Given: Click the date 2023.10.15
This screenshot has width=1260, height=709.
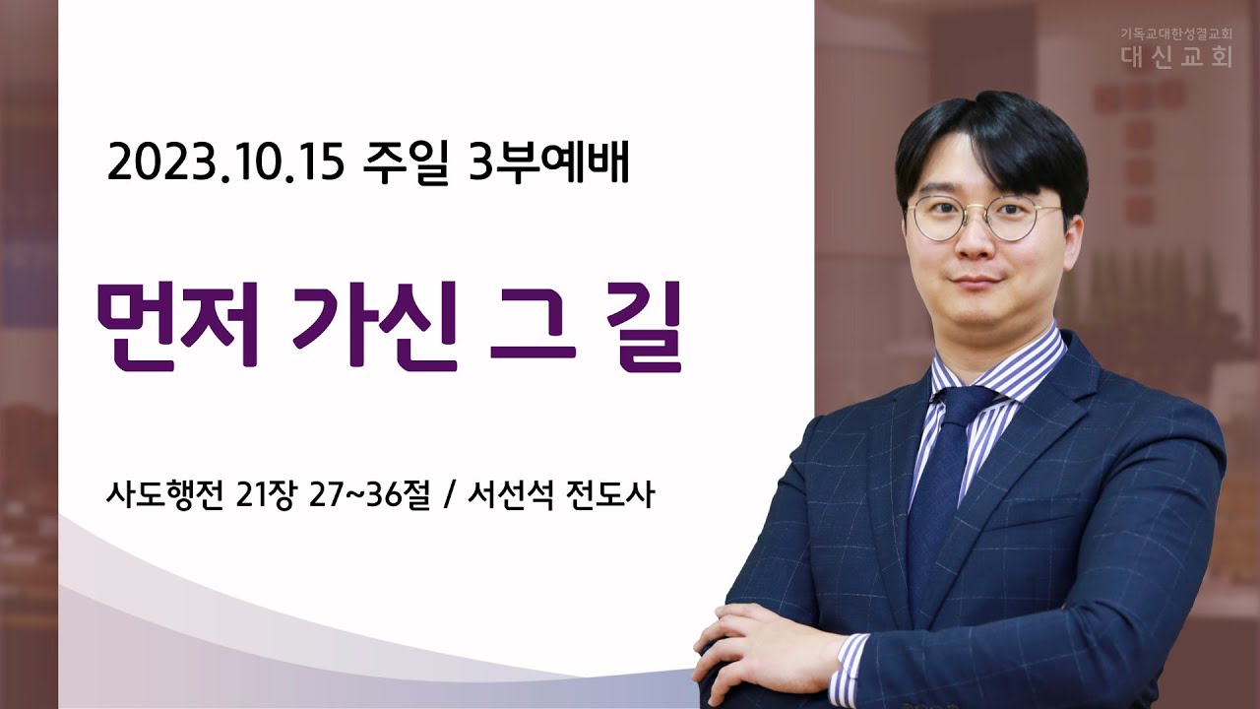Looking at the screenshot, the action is (225, 163).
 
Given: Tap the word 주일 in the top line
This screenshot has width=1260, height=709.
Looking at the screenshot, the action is (406, 163).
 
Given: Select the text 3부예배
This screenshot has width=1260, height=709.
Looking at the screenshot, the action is (548, 163).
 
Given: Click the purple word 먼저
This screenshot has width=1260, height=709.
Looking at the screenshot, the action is (178, 325).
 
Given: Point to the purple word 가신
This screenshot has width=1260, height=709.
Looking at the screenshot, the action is (375, 325).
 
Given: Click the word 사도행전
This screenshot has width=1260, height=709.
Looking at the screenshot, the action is (164, 495).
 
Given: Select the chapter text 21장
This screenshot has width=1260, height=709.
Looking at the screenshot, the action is (265, 495).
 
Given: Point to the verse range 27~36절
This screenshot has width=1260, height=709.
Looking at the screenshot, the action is (369, 495).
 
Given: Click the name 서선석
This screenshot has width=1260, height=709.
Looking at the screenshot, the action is (510, 495).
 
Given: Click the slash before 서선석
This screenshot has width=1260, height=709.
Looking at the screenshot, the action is (449, 496).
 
